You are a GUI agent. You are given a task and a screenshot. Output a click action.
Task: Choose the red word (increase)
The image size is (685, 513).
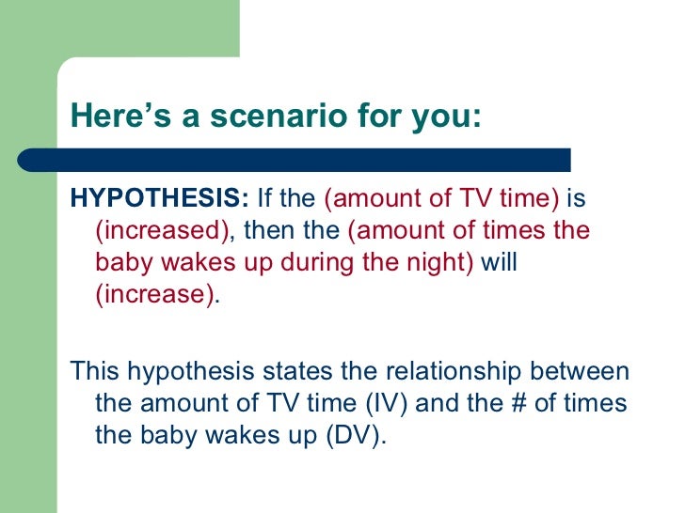[155, 295]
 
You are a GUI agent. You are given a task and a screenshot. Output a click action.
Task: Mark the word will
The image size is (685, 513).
[500, 262]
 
